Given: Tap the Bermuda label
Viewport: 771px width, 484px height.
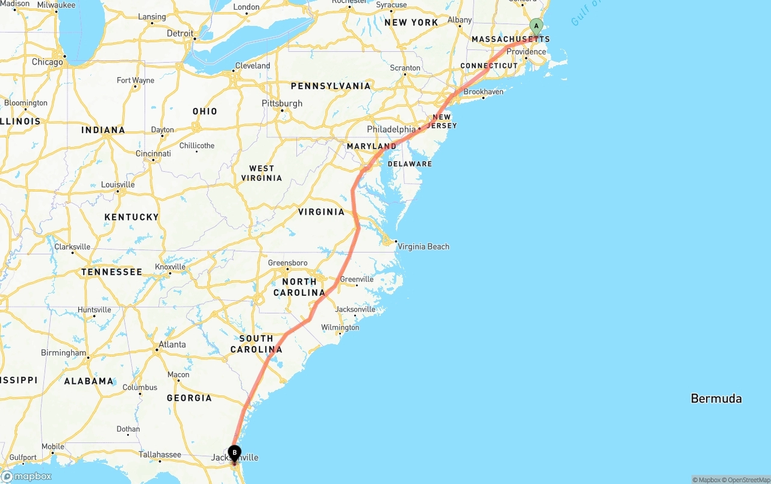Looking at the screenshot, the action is point(716,398).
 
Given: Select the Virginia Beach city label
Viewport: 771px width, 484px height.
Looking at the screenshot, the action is point(423,247).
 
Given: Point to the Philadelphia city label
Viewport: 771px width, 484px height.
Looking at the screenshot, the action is point(392,130).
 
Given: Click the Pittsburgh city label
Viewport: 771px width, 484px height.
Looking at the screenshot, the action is point(282,104).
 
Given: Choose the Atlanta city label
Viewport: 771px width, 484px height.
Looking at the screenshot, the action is point(172,345).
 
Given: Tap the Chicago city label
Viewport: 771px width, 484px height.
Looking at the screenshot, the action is point(47,62).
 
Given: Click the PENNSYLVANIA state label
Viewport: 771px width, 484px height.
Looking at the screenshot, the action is point(331,86).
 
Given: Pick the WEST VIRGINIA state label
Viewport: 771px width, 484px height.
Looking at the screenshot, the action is point(261,173).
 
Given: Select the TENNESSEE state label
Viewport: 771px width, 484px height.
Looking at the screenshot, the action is point(111,272).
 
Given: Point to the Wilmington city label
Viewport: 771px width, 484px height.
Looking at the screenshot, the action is point(340,328).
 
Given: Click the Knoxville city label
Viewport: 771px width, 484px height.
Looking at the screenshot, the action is point(170,267).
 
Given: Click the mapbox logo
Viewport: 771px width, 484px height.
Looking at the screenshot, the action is point(27,476).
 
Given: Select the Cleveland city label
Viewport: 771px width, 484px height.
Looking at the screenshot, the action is point(252,66).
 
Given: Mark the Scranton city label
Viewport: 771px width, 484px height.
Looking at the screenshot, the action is point(405,68).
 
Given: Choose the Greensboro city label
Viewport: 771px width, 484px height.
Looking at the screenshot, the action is point(287,263).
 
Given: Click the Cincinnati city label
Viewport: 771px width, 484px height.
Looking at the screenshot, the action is point(153,154).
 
